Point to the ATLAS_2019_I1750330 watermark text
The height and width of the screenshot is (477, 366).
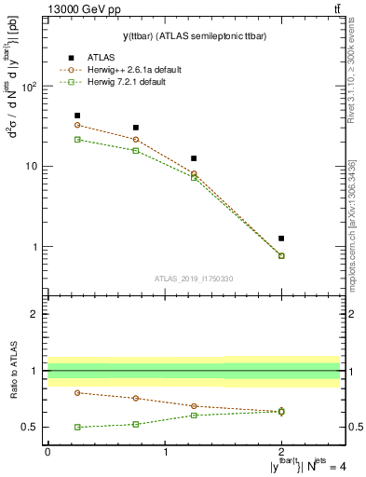(194, 279)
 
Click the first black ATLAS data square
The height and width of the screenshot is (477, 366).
(77, 116)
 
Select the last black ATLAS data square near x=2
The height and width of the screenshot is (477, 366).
(281, 238)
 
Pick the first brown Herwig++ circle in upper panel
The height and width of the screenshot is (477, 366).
(77, 125)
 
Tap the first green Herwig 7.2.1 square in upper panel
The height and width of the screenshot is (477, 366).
(77, 139)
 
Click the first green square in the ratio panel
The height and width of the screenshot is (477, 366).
(77, 427)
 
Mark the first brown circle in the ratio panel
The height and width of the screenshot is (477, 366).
(77, 392)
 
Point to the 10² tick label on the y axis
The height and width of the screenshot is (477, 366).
(29, 86)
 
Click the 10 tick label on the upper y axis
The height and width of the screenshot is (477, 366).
(31, 167)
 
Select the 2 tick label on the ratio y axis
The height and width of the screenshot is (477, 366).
(35, 314)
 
